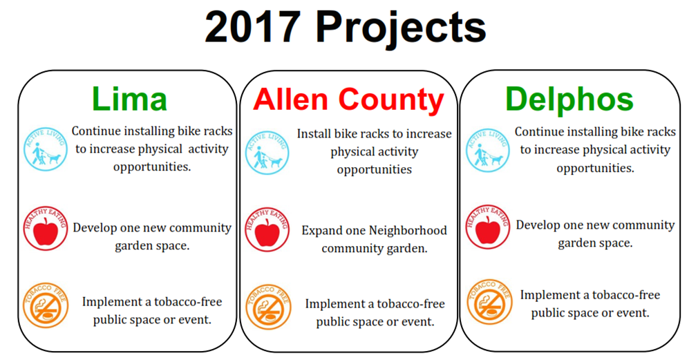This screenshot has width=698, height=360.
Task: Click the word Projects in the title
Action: [401, 28]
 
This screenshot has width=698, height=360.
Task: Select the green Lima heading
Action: [129, 100]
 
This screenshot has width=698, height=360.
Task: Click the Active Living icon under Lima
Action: [46, 149]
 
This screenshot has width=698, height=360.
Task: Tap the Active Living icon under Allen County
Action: [267, 152]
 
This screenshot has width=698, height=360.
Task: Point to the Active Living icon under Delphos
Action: [488, 150]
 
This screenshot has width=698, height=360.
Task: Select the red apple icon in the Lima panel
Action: [46, 228]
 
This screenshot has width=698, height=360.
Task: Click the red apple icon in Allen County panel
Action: [267, 229]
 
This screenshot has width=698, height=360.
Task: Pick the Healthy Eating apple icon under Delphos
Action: [488, 227]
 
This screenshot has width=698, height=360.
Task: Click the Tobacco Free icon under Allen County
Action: [268, 307]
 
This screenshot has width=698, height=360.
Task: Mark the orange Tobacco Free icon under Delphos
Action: [490, 302]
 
